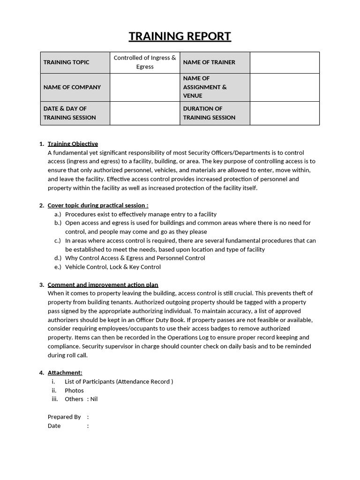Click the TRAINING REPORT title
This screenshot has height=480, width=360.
point(180,37)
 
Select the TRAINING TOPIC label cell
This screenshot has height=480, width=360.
point(75,62)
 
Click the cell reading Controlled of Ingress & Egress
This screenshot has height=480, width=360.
point(145,62)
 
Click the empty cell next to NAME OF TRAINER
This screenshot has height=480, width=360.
point(285,62)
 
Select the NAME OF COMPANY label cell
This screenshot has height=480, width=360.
point(75,87)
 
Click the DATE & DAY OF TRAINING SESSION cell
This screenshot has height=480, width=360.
point(75,113)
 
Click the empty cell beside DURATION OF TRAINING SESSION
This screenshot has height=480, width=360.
point(285,113)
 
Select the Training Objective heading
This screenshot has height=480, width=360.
point(73,144)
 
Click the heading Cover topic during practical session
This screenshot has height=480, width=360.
point(98,205)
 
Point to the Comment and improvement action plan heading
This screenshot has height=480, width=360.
point(103,285)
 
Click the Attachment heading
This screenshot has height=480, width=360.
point(65,373)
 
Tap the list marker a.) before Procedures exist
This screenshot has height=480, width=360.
point(58,214)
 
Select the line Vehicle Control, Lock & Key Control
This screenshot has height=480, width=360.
point(112,267)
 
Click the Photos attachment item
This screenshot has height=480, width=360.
point(74,390)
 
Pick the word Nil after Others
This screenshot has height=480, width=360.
point(94,399)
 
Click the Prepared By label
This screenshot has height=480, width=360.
point(64,417)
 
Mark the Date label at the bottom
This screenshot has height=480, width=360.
point(54,426)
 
